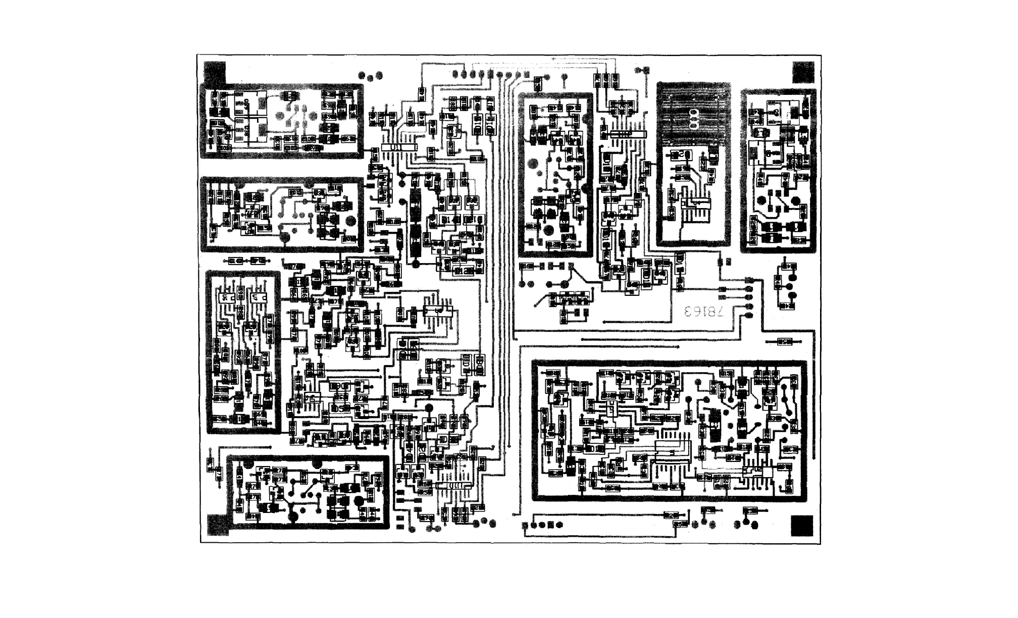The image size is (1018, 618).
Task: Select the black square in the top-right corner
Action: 803,72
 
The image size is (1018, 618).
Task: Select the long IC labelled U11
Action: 399,146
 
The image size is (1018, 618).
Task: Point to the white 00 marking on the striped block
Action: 693,119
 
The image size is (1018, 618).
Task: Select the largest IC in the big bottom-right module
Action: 672,452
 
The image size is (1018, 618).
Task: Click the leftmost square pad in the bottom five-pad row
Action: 525,525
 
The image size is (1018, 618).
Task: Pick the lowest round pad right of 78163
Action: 748,316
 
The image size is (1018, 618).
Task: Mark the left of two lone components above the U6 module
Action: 235,261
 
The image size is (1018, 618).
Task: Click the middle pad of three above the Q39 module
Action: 371,77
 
